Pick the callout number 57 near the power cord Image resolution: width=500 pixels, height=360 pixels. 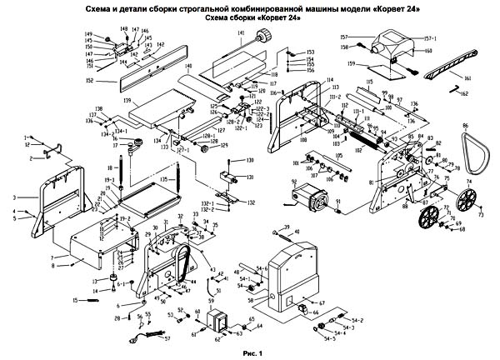pos(167,339)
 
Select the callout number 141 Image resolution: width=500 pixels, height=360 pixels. pos(239,35)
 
